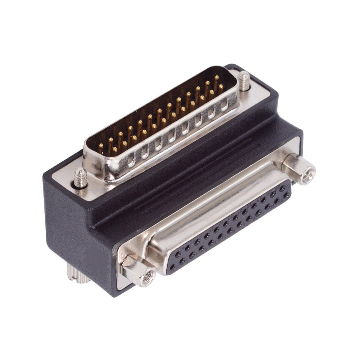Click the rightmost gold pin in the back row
[x=216, y=79]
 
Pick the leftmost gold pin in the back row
[x=101, y=147]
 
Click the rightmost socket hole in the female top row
[x=282, y=189]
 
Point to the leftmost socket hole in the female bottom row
[x=173, y=267]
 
